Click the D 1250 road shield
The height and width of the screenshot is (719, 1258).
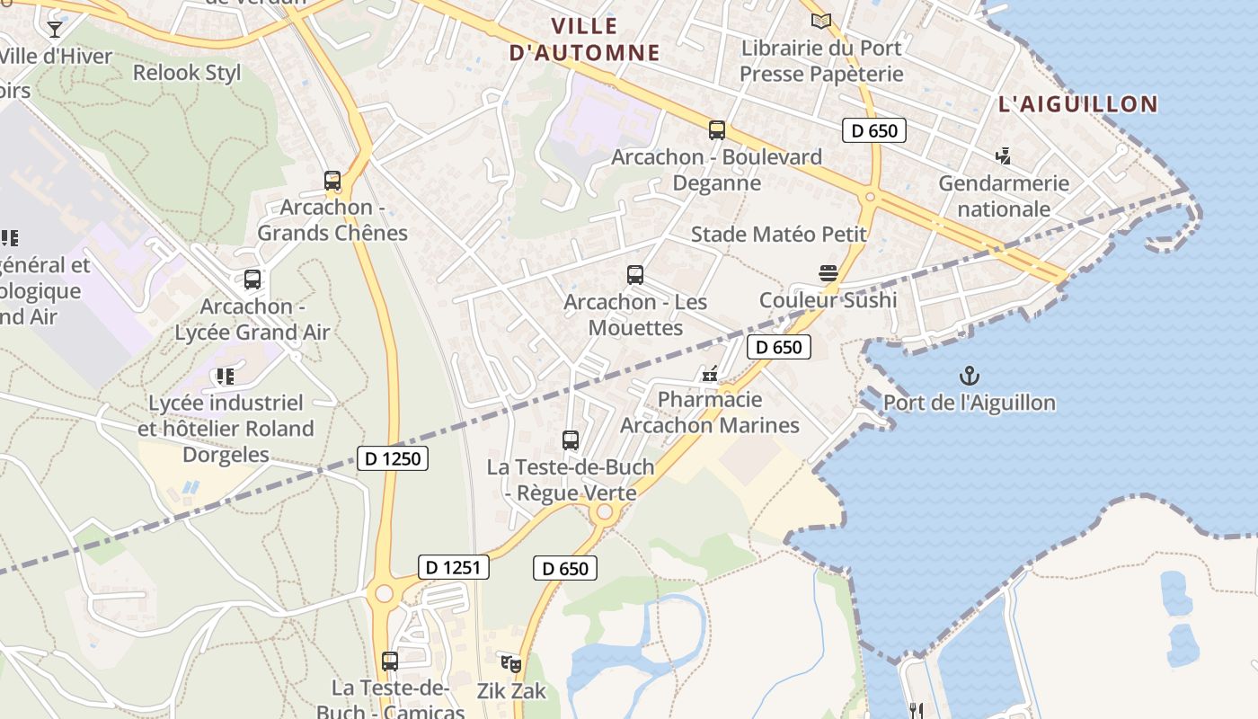click(x=393, y=458)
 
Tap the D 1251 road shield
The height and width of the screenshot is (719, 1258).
click(x=454, y=567)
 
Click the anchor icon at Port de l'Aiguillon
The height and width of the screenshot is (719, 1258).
click(x=969, y=376)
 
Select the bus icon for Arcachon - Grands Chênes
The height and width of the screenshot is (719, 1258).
click(x=332, y=181)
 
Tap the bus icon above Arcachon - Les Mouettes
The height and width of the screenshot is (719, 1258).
click(x=635, y=275)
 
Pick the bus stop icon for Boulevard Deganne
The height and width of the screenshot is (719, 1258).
click(x=716, y=130)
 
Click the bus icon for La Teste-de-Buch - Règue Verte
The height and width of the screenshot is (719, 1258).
click(x=571, y=440)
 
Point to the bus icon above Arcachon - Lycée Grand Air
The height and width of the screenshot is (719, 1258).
click(x=252, y=280)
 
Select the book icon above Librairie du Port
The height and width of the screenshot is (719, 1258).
click(x=821, y=21)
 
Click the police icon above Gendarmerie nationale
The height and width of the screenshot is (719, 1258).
click(x=1004, y=156)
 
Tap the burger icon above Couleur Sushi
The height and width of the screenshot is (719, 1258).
click(x=828, y=273)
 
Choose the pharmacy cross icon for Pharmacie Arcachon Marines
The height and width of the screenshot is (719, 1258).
click(x=710, y=373)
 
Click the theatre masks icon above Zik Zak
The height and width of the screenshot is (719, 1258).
click(x=511, y=664)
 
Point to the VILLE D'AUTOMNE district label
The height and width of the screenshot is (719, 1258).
click(x=584, y=39)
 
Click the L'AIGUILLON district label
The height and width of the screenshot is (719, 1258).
click(x=1078, y=104)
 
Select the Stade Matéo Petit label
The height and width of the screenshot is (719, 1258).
click(x=778, y=235)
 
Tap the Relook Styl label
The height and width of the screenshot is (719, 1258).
click(x=187, y=73)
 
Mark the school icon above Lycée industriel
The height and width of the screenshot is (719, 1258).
click(x=225, y=377)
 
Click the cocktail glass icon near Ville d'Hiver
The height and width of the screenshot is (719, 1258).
click(x=55, y=30)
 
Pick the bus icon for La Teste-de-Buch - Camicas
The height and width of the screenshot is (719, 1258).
click(x=389, y=661)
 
